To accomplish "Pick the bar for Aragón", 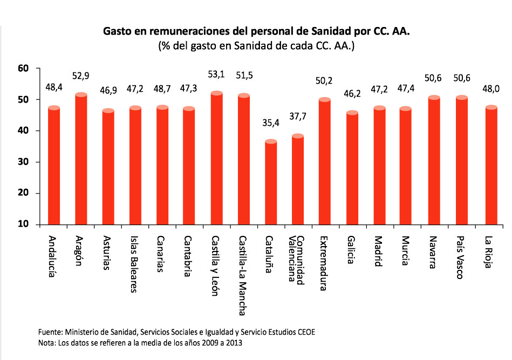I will point(81,159).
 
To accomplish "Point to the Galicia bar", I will point(352,168).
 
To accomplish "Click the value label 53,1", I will point(216,74).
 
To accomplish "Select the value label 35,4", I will point(271,124).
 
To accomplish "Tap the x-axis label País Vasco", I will point(460,257).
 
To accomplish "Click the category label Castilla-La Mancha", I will point(243,275).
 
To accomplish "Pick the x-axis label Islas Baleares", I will point(134,264).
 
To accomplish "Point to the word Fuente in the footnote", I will point(51,331).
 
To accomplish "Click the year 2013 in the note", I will point(234,343).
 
